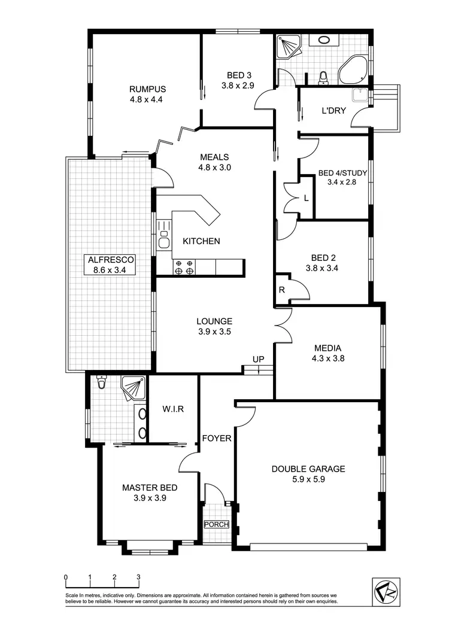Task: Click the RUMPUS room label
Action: pos(147,89)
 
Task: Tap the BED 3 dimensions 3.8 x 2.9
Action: pos(238,86)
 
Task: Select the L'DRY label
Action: pos(333,111)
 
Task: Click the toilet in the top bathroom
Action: pos(323,77)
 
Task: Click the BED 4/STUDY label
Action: pos(342,173)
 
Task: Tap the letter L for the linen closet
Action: pos(306,198)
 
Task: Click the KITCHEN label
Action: pos(201,241)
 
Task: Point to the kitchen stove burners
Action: pos(184,267)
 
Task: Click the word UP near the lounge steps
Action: pos(258,359)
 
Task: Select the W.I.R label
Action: pos(172,409)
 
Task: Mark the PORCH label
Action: pos(216,524)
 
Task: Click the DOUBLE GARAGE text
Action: pos(308,469)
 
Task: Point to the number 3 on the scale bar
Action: pos(138,578)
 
